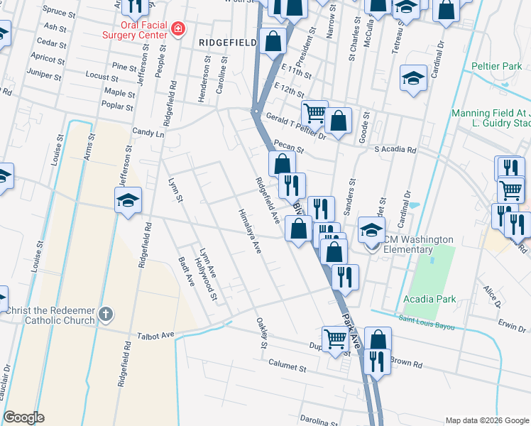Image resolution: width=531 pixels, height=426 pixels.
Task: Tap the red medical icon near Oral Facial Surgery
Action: coord(179,29)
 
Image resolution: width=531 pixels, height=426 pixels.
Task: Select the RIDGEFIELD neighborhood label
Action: coord(227,43)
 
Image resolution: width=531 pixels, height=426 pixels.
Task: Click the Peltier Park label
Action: coord(496,67)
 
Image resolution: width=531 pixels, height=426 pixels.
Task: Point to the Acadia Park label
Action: coord(429,299)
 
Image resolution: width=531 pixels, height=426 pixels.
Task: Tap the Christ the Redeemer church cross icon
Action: coord(106,313)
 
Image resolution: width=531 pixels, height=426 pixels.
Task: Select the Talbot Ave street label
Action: coord(156,334)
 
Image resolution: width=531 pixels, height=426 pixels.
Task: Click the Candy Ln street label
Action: coord(148,133)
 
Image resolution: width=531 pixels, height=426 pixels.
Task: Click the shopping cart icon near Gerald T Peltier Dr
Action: coord(314,112)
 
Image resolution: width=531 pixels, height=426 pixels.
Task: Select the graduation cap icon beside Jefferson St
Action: coord(128,200)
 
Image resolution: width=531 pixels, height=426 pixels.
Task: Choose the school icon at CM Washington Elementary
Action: coord(371,229)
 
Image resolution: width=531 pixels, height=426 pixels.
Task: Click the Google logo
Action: coord(23,417)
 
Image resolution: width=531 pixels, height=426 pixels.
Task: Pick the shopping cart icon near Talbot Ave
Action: coord(334,339)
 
